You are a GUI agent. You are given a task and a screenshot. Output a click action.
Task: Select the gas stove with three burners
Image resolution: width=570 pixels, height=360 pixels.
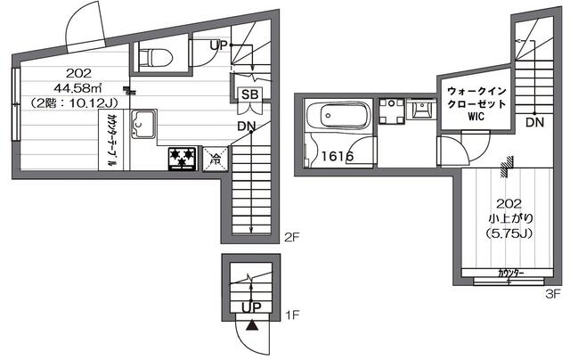(x=183, y=159)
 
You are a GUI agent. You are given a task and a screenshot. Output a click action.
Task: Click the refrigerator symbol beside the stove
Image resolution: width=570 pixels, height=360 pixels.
(x=216, y=160)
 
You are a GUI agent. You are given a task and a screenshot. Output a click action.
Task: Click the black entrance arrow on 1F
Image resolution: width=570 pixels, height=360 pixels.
(x=251, y=326)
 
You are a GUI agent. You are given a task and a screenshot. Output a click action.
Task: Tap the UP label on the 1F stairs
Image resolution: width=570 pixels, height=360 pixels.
(x=251, y=307)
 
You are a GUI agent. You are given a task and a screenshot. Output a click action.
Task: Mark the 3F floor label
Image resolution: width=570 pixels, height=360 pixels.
(x=552, y=292)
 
